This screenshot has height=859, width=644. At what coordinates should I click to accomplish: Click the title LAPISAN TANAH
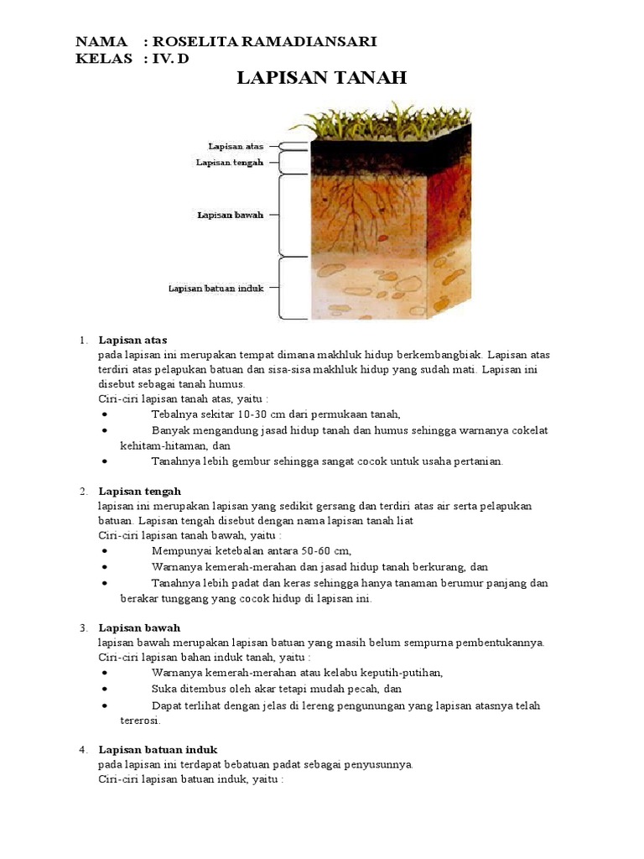[x=322, y=78]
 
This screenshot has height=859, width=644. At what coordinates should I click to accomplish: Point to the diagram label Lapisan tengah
[x=230, y=162]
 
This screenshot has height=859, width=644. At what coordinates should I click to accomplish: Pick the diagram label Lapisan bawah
[x=231, y=215]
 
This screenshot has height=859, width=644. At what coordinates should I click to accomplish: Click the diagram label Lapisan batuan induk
[x=216, y=288]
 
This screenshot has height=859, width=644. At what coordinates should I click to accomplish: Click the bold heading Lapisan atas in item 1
[x=132, y=340]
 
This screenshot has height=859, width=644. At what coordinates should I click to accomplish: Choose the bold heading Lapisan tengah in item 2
[x=140, y=491]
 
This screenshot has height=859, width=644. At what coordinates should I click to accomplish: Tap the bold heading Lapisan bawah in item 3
[x=139, y=627]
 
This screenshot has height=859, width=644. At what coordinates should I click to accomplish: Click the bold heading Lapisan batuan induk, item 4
[x=158, y=749]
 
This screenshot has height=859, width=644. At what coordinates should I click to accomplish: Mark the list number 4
[x=83, y=749]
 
